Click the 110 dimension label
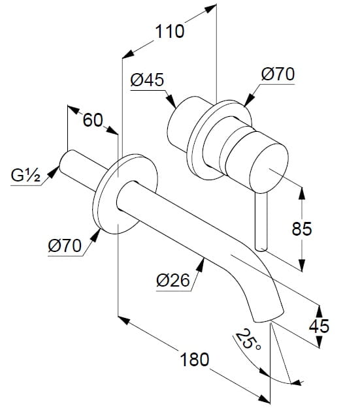pos(170,31)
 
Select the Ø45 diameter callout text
pos(147,80)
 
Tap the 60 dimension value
pos(93,120)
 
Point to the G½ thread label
pos(25,175)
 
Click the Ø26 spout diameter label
pos(173,280)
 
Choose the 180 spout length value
pos(195,359)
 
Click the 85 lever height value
pos(302,229)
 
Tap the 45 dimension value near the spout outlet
pos(319,326)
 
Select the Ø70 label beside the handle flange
pos(278,74)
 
